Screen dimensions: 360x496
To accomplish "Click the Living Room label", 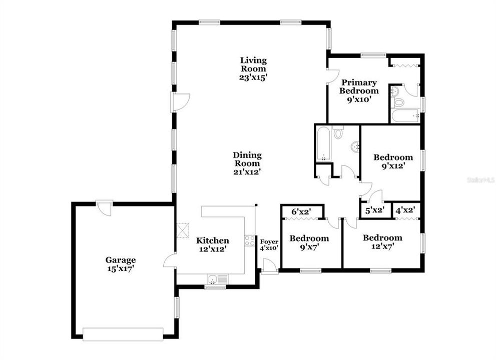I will tap(253, 64).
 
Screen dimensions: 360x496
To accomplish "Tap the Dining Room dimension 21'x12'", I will tap(247, 171).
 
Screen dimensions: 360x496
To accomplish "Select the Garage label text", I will tap(120, 260).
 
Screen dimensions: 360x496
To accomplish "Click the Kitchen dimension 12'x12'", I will tap(212, 248).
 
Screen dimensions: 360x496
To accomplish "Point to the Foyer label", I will tap(269, 242).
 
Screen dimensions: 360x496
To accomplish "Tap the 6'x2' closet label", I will tap(301, 211).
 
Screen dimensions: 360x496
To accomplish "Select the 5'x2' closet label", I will tap(374, 210).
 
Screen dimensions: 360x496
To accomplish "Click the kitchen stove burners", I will tap(249, 240).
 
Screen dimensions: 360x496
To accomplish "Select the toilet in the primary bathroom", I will tap(399, 102).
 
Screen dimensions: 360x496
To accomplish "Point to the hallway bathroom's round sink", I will tap(355, 146).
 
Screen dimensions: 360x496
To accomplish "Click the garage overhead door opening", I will tap(123, 333).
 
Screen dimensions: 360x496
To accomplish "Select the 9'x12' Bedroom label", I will tap(393, 160).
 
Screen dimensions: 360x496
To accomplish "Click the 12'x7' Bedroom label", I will tap(382, 242).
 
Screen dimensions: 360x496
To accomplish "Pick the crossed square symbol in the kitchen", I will tap(184, 229).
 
